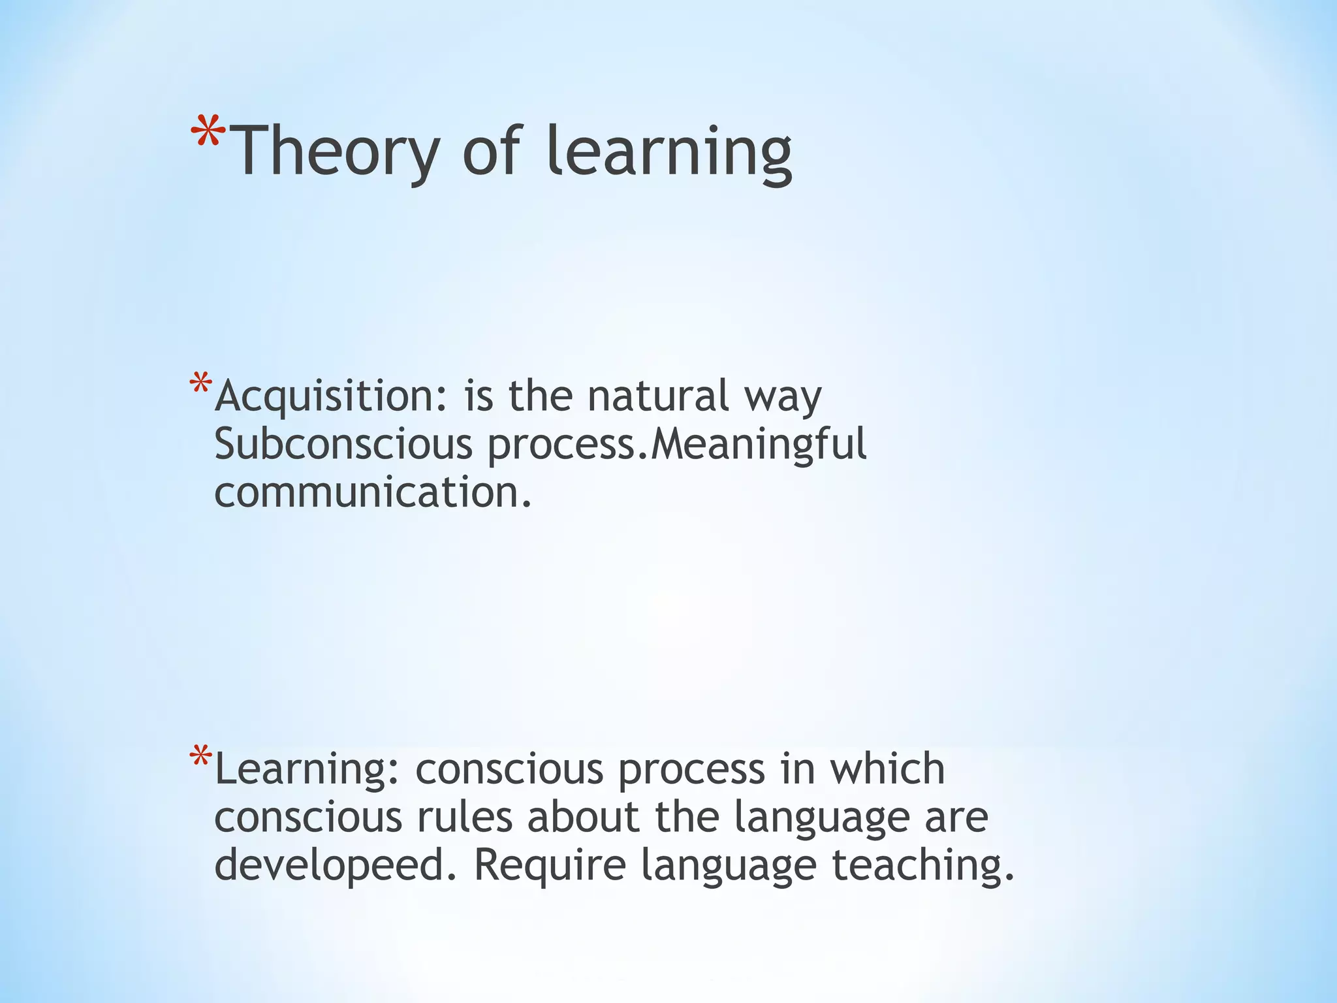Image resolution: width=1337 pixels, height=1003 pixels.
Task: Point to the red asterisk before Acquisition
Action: pos(200,383)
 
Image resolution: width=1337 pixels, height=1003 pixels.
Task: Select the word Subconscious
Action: pos(343,445)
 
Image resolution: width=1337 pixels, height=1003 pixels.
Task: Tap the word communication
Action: pos(373,492)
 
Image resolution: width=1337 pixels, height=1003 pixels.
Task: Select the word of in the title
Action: pos(492,151)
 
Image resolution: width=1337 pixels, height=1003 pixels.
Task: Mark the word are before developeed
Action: pos(956,818)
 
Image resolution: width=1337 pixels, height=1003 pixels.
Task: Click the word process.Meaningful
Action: pos(677,445)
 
